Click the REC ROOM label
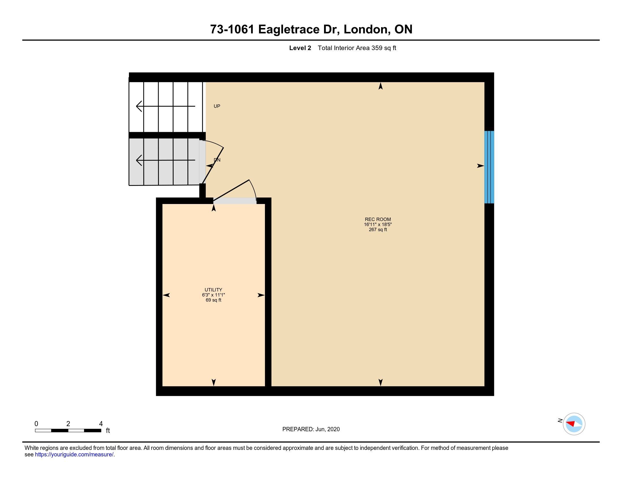point(378,219)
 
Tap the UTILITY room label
point(213,290)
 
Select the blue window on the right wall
point(489,167)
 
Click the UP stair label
point(217,106)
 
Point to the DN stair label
point(217,160)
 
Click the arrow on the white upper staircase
point(165,106)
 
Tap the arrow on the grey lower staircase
point(165,160)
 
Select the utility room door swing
point(235,190)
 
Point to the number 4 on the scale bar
point(101,424)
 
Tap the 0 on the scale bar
point(36,424)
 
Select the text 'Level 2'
point(300,48)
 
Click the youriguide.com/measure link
point(74,454)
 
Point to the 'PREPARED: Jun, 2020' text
point(311,429)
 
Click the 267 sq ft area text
point(378,230)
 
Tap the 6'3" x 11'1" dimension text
point(213,295)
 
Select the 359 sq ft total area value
point(384,48)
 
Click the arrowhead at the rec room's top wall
point(381,86)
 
